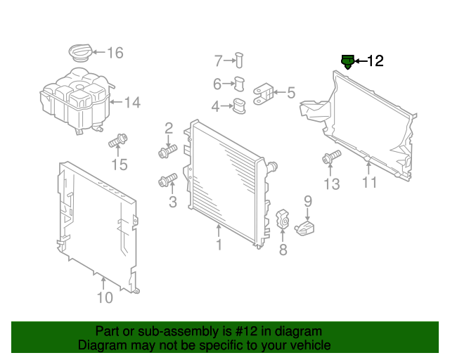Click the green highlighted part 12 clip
(347, 63)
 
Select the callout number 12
(375, 61)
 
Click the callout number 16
(115, 53)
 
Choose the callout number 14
(132, 103)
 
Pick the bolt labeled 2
(167, 150)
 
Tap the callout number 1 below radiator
(219, 245)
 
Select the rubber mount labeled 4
(240, 107)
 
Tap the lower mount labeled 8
(282, 219)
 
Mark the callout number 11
(370, 183)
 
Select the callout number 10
(104, 297)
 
